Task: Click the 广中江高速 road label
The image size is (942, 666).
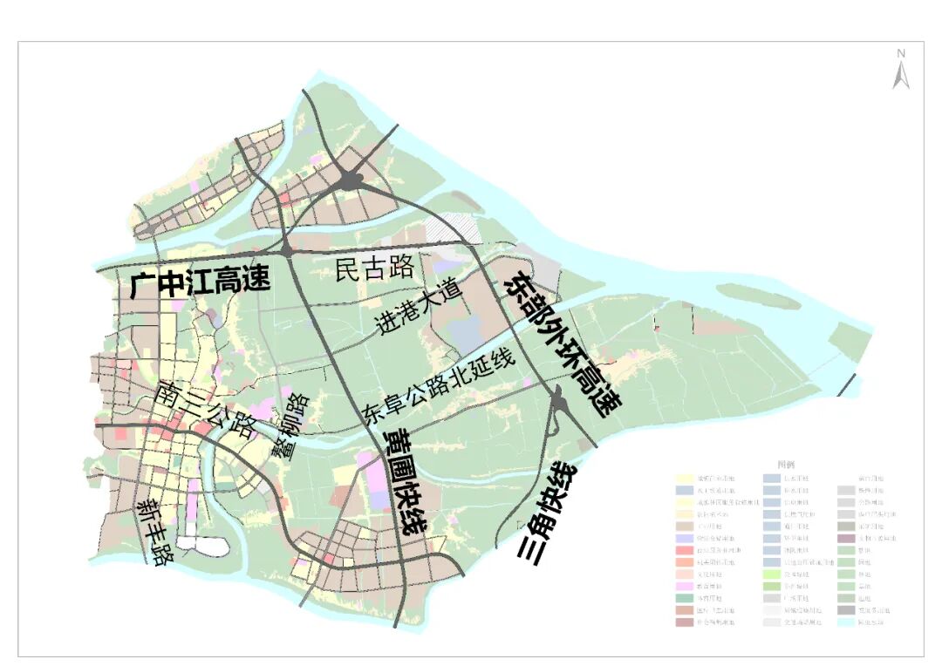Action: point(200,282)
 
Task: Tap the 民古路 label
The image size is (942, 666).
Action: point(374,268)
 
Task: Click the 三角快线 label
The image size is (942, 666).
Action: point(550,511)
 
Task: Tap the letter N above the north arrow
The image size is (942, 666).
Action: point(901,54)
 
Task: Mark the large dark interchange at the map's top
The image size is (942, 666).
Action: point(350,180)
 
